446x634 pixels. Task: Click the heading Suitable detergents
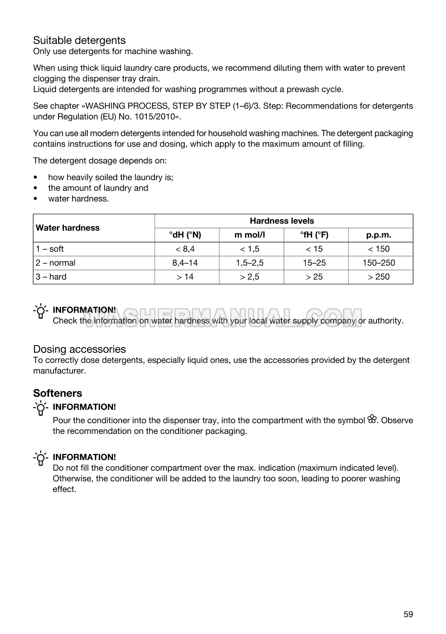[79, 40]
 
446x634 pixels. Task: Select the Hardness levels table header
[282, 221]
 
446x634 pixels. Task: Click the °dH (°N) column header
[185, 235]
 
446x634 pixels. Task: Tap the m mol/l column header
[250, 235]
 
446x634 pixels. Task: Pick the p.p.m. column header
[379, 235]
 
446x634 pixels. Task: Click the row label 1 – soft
[50, 249]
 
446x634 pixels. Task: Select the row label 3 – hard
[51, 277]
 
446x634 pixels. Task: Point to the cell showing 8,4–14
[185, 263]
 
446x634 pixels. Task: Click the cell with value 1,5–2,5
[250, 263]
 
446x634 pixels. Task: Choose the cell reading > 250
[379, 277]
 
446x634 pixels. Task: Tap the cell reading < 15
[314, 249]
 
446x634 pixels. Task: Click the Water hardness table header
[68, 228]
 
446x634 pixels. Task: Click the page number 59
[408, 614]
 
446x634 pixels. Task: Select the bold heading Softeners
[57, 393]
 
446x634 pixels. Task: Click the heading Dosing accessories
[79, 349]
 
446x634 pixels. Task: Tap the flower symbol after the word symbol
[372, 419]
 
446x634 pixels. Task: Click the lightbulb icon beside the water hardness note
[41, 312]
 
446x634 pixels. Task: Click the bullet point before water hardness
[37, 199]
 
